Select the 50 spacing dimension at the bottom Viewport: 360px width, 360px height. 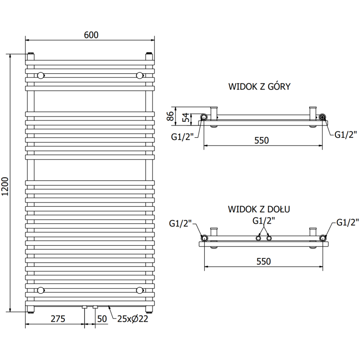point(102,319)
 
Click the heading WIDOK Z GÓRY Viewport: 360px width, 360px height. point(259,86)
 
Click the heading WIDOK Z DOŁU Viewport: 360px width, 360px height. point(259,209)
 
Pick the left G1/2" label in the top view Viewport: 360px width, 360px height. point(182,137)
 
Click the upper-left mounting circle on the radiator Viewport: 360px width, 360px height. point(41,75)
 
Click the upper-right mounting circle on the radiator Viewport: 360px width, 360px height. point(139,75)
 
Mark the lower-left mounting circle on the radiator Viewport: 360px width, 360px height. point(41,290)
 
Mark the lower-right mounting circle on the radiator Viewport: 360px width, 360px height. point(139,290)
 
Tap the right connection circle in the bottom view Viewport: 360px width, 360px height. point(323,238)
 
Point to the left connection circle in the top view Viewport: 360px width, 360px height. point(204,117)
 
